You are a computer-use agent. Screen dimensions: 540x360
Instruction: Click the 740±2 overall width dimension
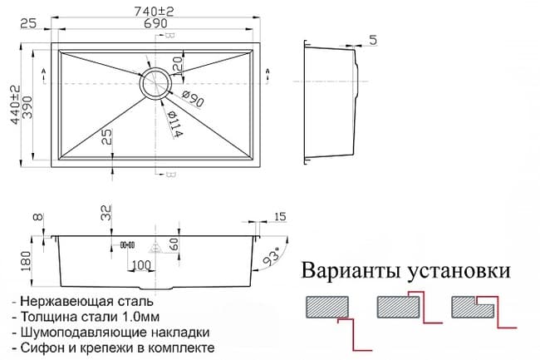(154, 12)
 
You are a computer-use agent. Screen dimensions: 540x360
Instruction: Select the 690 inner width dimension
(155, 23)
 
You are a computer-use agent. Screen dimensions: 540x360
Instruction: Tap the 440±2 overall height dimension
(15, 105)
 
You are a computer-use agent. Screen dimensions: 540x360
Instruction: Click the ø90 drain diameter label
(193, 98)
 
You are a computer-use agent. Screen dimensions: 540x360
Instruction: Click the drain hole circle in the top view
(155, 82)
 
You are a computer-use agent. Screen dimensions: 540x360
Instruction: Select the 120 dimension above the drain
(177, 67)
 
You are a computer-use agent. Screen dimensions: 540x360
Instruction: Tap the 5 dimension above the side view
(373, 40)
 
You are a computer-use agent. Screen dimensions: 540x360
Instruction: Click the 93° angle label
(271, 258)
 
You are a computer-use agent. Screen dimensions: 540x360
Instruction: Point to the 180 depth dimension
(27, 261)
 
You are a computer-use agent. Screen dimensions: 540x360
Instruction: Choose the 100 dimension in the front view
(141, 265)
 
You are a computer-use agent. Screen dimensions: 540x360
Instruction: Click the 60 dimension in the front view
(174, 244)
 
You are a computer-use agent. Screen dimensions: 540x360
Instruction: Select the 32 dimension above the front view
(107, 213)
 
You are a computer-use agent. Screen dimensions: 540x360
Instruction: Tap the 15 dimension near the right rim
(280, 217)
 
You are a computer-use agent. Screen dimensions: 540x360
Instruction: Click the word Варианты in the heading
(351, 270)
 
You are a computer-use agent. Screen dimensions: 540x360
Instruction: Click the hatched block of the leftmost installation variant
(327, 307)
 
